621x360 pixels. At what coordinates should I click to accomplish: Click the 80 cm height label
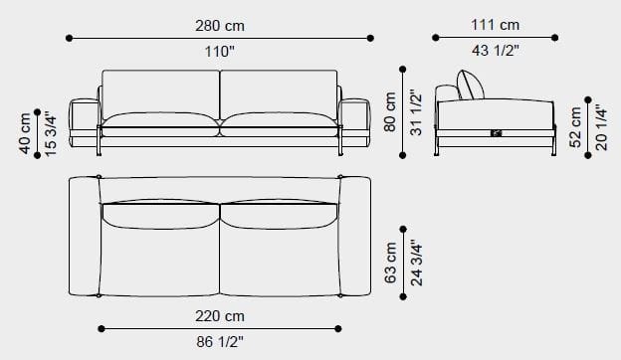[x=389, y=111]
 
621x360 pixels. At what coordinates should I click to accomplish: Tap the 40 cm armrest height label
[x=23, y=134]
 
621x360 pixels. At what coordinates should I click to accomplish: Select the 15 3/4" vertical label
[x=51, y=134]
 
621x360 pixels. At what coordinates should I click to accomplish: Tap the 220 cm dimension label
[x=220, y=316]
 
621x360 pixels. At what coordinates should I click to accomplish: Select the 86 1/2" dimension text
[x=220, y=344]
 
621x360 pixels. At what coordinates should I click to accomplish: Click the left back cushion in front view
[x=160, y=91]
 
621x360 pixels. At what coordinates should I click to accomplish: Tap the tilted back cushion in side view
[x=471, y=86]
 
